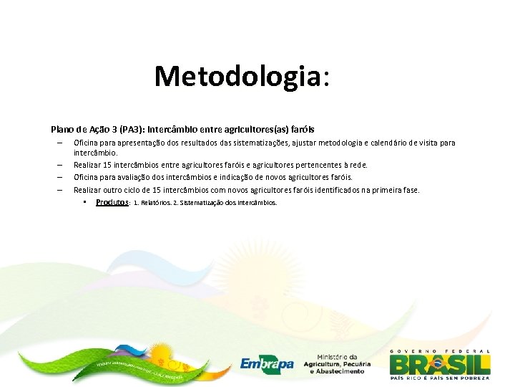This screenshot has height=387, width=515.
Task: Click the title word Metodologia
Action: [237, 75]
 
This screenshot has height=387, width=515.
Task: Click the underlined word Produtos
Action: [112, 203]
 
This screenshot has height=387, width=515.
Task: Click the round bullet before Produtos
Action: [84, 202]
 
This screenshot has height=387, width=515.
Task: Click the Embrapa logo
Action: [267, 364]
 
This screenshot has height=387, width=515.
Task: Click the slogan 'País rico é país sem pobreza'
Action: [440, 378]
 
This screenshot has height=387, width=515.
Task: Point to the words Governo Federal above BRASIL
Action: [440, 351]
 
